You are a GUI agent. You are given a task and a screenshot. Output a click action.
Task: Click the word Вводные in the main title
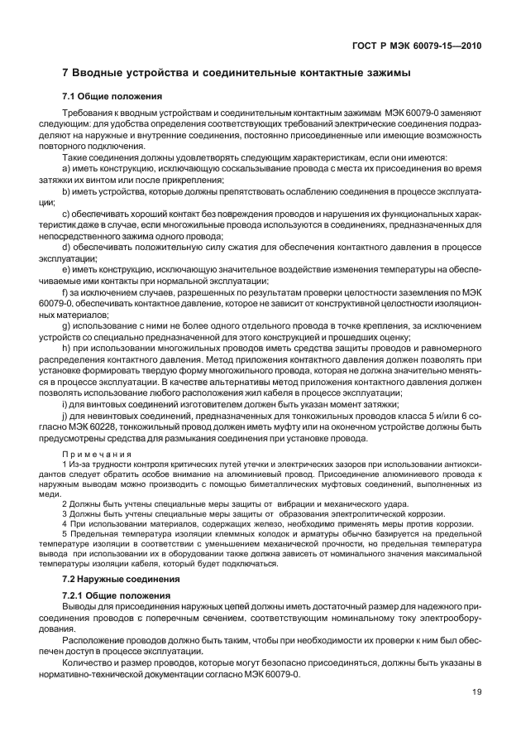pyautogui.click(x=107, y=74)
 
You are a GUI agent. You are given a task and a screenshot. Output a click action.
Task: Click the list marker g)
pyautogui.click(x=67, y=327)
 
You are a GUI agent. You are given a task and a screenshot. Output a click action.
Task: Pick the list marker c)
pyautogui.click(x=67, y=212)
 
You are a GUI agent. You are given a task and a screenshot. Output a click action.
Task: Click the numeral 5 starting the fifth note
pyautogui.click(x=65, y=534)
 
